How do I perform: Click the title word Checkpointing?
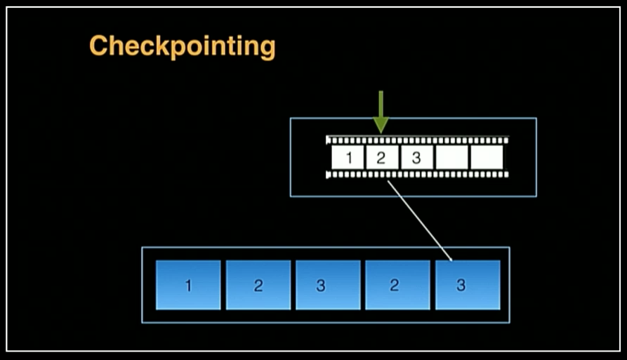click(183, 46)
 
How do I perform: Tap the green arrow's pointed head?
click(381, 125)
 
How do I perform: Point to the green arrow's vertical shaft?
click(381, 104)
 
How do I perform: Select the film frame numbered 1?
click(348, 157)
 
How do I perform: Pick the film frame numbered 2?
click(382, 157)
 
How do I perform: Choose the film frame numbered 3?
click(417, 157)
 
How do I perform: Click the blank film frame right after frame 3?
click(452, 157)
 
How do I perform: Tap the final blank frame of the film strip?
click(487, 157)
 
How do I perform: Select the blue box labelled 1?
click(188, 285)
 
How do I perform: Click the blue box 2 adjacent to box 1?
click(258, 285)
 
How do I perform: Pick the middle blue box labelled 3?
click(328, 285)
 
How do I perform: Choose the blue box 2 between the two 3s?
click(398, 285)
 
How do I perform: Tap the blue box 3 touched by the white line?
click(468, 285)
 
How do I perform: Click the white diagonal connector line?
click(419, 220)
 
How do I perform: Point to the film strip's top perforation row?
click(418, 140)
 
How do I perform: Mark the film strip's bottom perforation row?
click(418, 175)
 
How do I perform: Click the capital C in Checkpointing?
click(99, 45)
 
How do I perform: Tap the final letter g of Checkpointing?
click(267, 49)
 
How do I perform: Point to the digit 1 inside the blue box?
click(188, 286)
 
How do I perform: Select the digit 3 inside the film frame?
click(416, 158)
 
